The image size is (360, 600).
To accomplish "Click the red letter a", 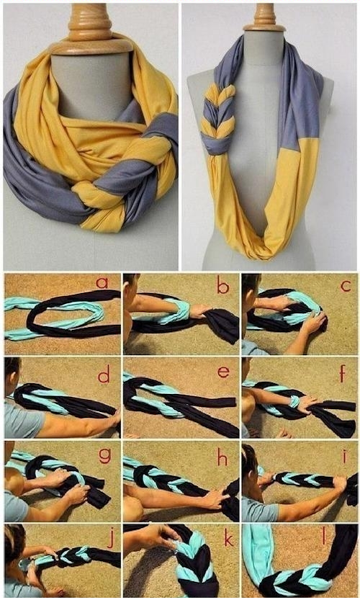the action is coord(102,283).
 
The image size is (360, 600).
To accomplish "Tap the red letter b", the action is coord(222,285).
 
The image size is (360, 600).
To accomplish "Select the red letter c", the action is coord(346,285).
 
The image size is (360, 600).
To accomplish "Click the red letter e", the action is coord(223,372).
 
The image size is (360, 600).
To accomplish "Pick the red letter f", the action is coord(343,373).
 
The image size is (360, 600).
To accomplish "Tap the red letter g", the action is coord(105,455).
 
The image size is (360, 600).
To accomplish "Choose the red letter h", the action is coord(222,457).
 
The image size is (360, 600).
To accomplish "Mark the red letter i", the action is coord(345,456).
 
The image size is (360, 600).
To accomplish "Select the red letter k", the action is coord(228,537).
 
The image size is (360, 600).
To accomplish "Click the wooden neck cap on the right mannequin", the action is coord(265,17).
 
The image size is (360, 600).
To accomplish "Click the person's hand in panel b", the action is coord(200,310).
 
